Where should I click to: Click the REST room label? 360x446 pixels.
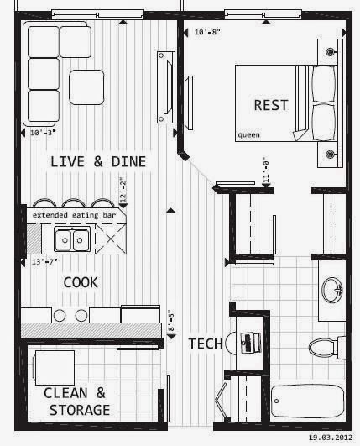tap(270, 105)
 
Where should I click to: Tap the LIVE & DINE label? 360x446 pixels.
tap(98, 161)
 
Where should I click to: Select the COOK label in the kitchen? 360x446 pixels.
tap(81, 282)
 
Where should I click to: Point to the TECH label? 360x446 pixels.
tap(205, 344)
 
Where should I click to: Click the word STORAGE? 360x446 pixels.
tap(79, 410)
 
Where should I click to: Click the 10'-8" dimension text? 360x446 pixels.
tap(206, 32)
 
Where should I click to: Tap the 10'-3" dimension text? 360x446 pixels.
tap(41, 132)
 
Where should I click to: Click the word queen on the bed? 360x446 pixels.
tap(248, 134)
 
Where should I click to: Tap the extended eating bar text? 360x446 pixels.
tap(74, 216)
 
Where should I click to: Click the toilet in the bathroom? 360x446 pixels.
tap(323, 346)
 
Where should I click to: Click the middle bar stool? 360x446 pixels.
tap(73, 203)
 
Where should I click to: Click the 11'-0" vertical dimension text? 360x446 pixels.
tap(265, 173)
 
